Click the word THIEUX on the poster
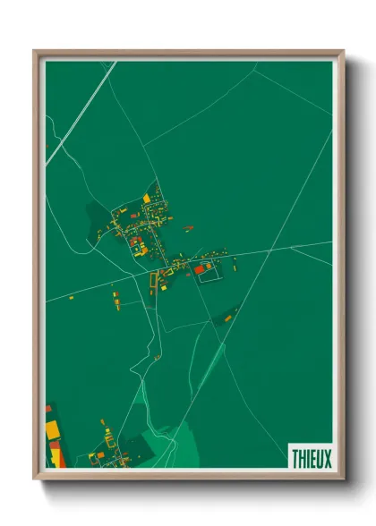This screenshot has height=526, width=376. pyautogui.click(x=311, y=458)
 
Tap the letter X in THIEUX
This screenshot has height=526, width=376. pyautogui.click(x=327, y=458)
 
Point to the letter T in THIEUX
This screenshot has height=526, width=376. pyautogui.click(x=295, y=458)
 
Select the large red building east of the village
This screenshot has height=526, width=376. pyautogui.click(x=200, y=268)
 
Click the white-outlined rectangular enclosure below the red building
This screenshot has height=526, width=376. pyautogui.click(x=209, y=278)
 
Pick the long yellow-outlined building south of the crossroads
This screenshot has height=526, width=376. pyautogui.click(x=152, y=283)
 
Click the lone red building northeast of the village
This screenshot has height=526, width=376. pyautogui.click(x=190, y=228)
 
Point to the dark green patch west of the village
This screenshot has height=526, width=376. pyautogui.click(x=96, y=215)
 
